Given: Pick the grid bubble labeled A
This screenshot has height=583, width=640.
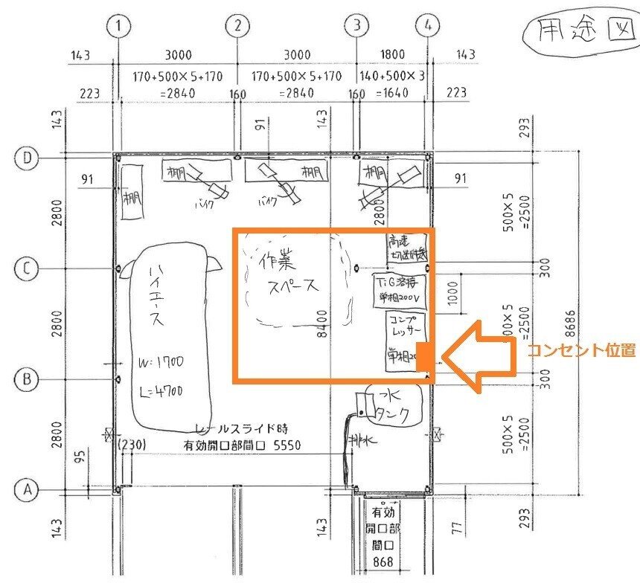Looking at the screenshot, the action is [x=27, y=490].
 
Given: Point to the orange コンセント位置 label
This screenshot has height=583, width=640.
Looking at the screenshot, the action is [x=580, y=350].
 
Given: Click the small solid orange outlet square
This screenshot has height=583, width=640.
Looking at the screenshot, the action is [x=424, y=355].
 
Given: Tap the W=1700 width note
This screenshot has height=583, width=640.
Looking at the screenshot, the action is [x=161, y=364].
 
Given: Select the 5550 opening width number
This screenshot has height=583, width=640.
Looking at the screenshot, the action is [x=288, y=445].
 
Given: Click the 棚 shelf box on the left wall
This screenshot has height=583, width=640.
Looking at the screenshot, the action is [x=132, y=192].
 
